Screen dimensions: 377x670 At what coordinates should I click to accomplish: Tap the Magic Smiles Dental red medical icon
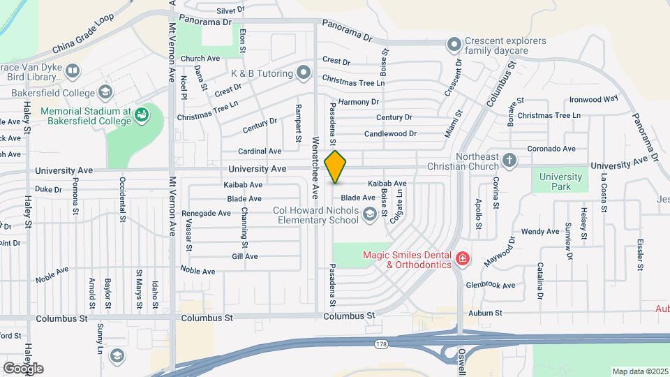pyautogui.click(x=461, y=260)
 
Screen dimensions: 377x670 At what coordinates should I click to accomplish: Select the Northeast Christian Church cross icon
pyautogui.click(x=510, y=161)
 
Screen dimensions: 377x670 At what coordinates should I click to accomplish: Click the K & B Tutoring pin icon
pyautogui.click(x=303, y=72)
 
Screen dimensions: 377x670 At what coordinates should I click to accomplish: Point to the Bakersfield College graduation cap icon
pyautogui.click(x=105, y=92)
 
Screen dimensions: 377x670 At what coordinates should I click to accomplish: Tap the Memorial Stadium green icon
pyautogui.click(x=142, y=113)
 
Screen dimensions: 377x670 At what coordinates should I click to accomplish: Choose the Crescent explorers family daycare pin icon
pyautogui.click(x=454, y=45)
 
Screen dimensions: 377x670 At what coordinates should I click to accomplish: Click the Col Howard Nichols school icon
pyautogui.click(x=369, y=216)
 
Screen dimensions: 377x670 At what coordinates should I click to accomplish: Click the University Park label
pyautogui.click(x=561, y=182)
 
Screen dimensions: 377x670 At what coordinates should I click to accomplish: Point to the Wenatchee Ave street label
pyautogui.click(x=315, y=166)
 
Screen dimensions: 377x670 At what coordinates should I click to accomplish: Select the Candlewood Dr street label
pyautogui.click(x=390, y=133)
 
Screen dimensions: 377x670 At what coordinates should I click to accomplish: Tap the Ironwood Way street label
pyautogui.click(x=594, y=99)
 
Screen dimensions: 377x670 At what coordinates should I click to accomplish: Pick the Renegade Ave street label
pyautogui.click(x=202, y=213)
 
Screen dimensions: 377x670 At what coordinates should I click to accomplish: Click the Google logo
pyautogui.click(x=22, y=368)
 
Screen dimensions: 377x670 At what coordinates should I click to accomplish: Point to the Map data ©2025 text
pyautogui.click(x=640, y=371)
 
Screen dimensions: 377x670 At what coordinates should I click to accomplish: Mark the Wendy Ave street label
pyautogui.click(x=540, y=231)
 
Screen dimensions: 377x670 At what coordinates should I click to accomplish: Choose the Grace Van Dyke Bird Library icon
pyautogui.click(x=73, y=71)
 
